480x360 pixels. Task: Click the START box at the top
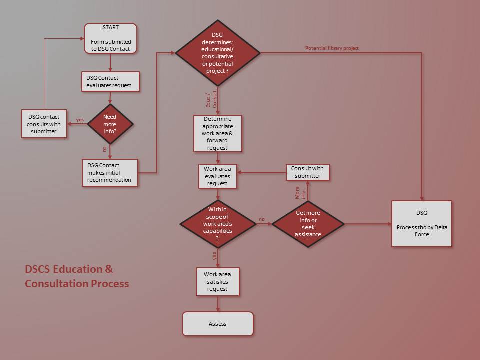110,38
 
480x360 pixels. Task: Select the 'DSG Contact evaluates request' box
110,82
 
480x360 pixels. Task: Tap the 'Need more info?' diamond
110,123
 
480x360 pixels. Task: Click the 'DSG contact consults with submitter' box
44,124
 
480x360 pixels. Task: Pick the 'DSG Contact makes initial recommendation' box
110,173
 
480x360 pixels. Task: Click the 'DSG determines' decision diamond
217,52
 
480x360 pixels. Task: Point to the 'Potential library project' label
332,48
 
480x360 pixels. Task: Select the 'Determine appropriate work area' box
217,133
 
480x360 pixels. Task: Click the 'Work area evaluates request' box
217,176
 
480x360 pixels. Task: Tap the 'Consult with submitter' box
307,172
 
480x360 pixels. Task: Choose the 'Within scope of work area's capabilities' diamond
217,224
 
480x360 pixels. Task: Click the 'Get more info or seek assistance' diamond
307,224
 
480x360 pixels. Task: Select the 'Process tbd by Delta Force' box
422,224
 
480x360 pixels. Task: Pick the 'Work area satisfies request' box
217,281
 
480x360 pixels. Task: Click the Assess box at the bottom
217,324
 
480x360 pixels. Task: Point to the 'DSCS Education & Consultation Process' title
77,276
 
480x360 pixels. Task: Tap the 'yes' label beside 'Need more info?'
80,120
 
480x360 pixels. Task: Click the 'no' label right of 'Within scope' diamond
261,219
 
